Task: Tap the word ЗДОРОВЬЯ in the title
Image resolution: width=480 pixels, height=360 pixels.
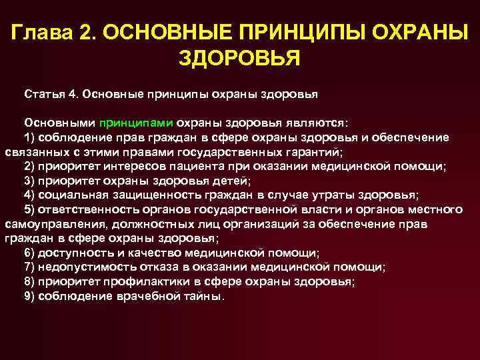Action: [x=240, y=59]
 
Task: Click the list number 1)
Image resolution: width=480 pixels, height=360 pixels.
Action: [x=30, y=137]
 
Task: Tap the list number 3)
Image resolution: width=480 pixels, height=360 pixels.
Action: [x=30, y=181]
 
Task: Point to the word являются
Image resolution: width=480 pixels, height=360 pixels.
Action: [x=320, y=123]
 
